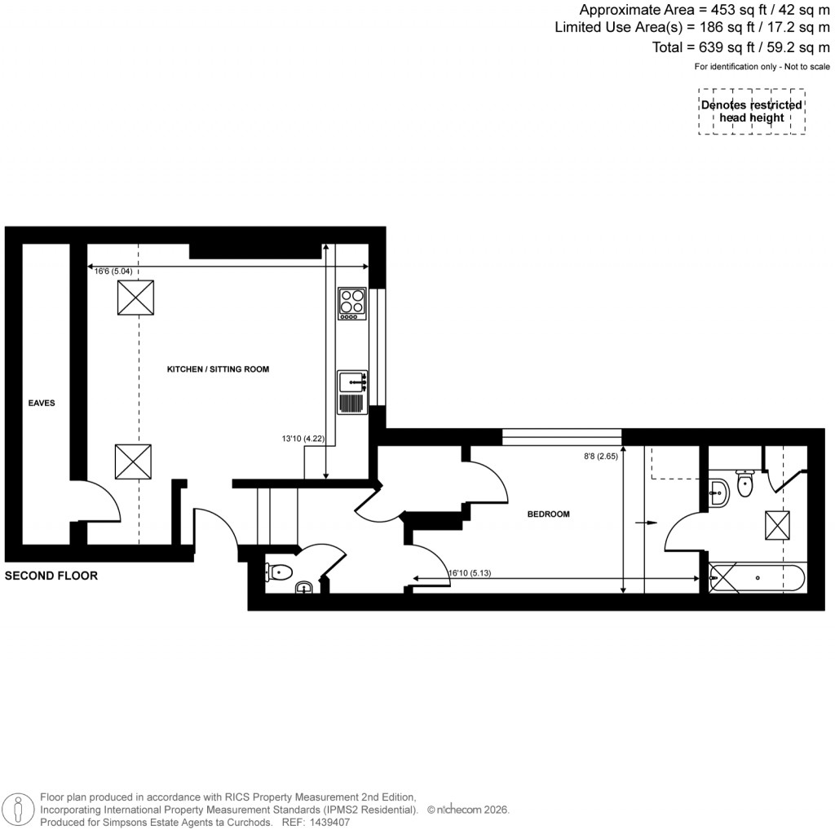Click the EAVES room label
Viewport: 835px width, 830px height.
(x=41, y=403)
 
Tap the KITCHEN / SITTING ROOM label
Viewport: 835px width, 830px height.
(x=218, y=369)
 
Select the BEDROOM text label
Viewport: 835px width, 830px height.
(x=548, y=514)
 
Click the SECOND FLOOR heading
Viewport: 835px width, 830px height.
(x=51, y=576)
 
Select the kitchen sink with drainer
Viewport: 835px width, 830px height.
(x=352, y=392)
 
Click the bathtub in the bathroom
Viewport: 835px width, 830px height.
(x=757, y=578)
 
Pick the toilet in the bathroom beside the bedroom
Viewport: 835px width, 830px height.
(x=745, y=483)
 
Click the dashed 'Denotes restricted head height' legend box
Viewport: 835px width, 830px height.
(x=751, y=112)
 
